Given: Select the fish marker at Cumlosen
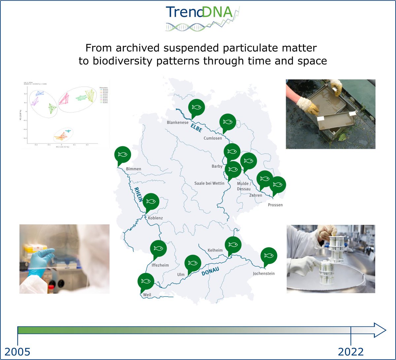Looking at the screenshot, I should click(228, 122).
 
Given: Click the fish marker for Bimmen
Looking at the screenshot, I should click(123, 154).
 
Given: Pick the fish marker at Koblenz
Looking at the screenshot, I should click(151, 201).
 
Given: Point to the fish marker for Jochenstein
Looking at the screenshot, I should click(269, 255).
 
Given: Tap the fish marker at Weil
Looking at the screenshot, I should click(146, 281).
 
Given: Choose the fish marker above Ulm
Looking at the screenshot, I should click(192, 263).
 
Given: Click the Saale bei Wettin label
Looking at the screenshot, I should click(209, 183).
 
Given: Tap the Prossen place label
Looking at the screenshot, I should click(275, 205).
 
